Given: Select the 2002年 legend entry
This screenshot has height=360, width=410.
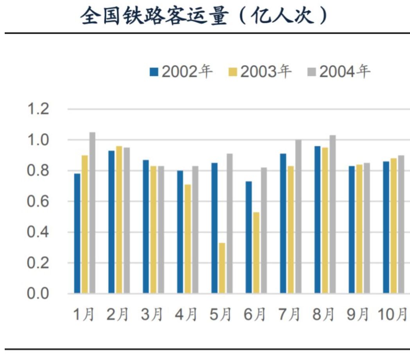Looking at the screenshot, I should pyautogui.click(x=182, y=72).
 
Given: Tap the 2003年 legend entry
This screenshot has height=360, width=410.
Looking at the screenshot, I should pyautogui.click(x=260, y=72).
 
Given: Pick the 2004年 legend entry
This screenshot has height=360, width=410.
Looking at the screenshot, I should pyautogui.click(x=339, y=72).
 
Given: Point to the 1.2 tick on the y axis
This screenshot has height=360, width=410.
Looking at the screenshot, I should pyautogui.click(x=38, y=109).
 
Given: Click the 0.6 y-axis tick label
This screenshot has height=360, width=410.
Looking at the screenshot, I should pyautogui.click(x=38, y=202).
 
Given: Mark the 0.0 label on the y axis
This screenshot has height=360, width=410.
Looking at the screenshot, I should pyautogui.click(x=38, y=294).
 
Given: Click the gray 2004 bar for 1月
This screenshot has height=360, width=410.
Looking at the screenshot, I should pyautogui.click(x=92, y=213).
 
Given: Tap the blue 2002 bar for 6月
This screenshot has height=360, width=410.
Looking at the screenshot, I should pyautogui.click(x=249, y=237).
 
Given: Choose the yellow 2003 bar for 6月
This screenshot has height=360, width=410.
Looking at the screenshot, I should pyautogui.click(x=256, y=253).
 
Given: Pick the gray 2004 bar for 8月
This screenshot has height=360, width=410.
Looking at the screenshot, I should pyautogui.click(x=333, y=214).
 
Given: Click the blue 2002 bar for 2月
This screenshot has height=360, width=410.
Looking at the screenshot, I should pyautogui.click(x=111, y=222).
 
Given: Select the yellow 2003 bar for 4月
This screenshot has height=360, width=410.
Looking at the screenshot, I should pyautogui.click(x=188, y=239).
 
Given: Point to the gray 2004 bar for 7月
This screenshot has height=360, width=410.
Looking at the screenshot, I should pyautogui.click(x=298, y=216).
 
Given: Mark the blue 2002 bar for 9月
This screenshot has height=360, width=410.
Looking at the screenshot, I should pyautogui.click(x=352, y=230).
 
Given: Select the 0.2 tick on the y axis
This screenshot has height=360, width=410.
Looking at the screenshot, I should pyautogui.click(x=38, y=263).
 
